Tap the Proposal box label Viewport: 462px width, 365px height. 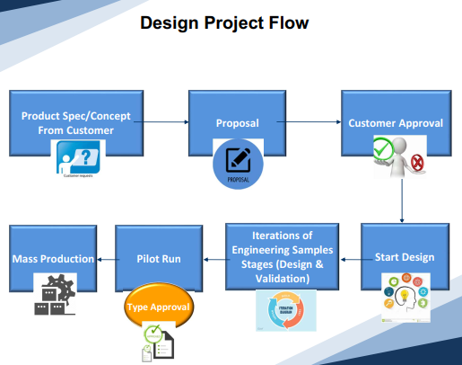[238, 123]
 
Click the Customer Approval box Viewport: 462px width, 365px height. [395, 122]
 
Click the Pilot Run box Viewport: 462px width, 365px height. [160, 259]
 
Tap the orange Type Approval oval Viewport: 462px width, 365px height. [158, 307]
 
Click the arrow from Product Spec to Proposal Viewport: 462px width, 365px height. [165, 123]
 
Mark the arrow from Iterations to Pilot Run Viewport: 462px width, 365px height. [214, 259]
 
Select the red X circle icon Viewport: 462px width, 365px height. [417, 162]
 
